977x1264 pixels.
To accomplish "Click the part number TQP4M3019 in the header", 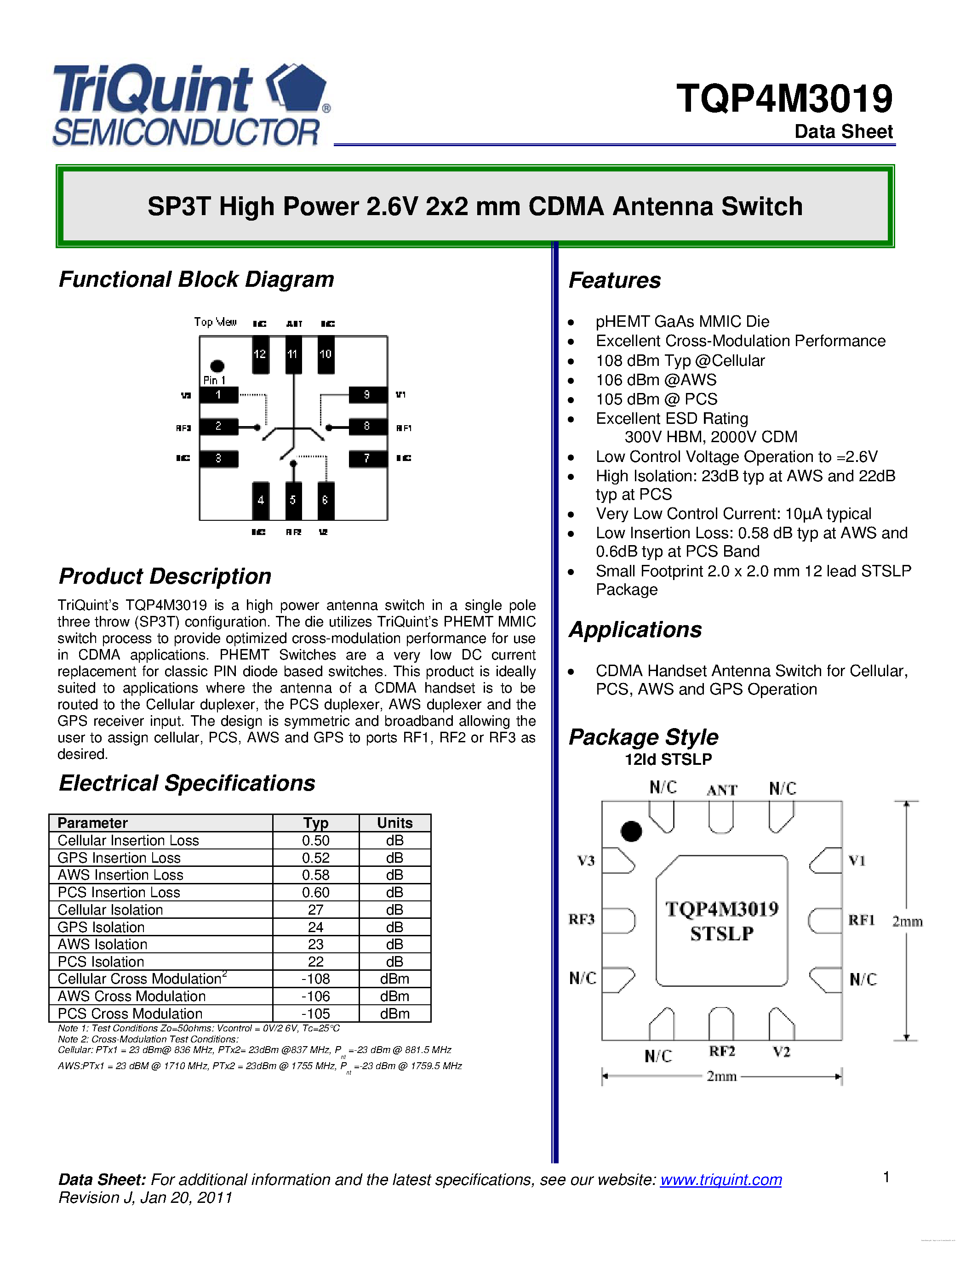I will click(x=784, y=98).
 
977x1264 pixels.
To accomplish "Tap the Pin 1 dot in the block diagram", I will click(x=217, y=366).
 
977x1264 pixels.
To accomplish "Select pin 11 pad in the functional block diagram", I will click(x=293, y=354).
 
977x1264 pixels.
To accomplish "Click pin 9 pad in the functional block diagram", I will click(x=367, y=395).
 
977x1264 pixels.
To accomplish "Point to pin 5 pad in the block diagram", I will click(x=293, y=500).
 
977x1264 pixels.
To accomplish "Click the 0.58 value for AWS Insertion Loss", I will click(x=315, y=875).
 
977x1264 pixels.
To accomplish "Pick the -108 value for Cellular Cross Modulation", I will click(x=315, y=979).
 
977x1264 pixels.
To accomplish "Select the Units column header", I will click(x=395, y=823).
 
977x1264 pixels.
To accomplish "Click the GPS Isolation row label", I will click(x=101, y=927).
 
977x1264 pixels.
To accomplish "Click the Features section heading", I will click(x=615, y=281).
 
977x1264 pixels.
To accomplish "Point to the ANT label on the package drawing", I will click(x=722, y=790).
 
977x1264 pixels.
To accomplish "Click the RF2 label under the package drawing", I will click(x=722, y=1052).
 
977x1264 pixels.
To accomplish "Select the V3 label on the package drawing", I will click(x=586, y=860).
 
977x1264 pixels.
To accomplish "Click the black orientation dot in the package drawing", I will click(x=631, y=831).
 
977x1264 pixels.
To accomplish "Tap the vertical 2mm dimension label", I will click(x=907, y=922).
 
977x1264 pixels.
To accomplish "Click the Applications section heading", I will click(x=635, y=630).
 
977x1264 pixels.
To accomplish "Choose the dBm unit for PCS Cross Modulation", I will click(x=395, y=1013).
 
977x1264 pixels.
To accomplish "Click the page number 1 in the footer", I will click(x=886, y=1177).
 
